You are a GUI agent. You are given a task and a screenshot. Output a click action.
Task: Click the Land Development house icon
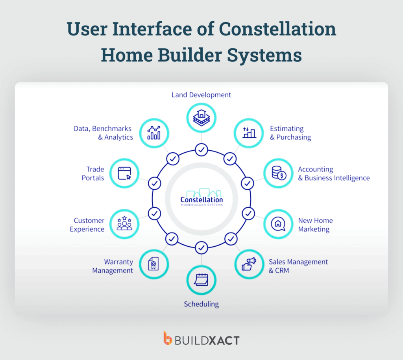[x=201, y=117]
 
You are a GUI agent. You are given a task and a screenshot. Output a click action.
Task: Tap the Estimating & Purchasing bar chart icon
[x=249, y=133]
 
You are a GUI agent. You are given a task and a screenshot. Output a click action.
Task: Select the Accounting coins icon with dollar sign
[x=278, y=173]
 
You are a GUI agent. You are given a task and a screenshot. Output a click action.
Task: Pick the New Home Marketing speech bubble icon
[x=278, y=224]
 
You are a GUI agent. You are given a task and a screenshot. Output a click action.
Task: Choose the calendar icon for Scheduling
[x=201, y=280]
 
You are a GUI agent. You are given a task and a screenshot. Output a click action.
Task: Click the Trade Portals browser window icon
[x=124, y=173]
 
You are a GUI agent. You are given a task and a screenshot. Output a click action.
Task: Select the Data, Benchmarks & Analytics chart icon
[x=153, y=133]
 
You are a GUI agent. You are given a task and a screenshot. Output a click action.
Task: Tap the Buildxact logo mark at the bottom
[x=168, y=338]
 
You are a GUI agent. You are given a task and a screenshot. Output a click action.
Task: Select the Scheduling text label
[x=201, y=304]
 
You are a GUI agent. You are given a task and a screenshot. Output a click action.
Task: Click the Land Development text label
[x=201, y=95]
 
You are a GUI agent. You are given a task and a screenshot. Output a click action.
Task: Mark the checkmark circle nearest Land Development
[x=201, y=150]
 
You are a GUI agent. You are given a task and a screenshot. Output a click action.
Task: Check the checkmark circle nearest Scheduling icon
[x=201, y=247]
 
